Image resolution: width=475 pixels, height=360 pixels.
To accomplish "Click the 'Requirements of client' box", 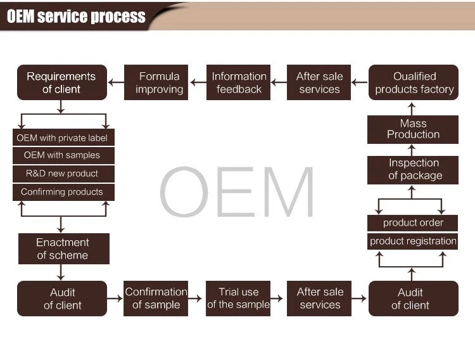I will pyautogui.click(x=61, y=82).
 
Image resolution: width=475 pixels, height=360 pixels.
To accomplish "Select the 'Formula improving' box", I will pyautogui.click(x=159, y=82).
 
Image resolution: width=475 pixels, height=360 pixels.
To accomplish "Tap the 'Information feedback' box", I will pyautogui.click(x=238, y=82).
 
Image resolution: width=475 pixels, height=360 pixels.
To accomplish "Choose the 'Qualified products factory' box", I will pyautogui.click(x=414, y=82).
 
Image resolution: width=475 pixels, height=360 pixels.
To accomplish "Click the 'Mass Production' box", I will pyautogui.click(x=413, y=129).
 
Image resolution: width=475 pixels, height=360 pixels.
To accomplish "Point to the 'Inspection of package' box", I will pyautogui.click(x=413, y=170).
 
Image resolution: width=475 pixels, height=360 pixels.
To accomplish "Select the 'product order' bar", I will pyautogui.click(x=413, y=222).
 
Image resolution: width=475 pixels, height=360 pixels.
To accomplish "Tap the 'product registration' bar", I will pyautogui.click(x=413, y=241).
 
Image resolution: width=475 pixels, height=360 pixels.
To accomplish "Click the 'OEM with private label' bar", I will pyautogui.click(x=63, y=138).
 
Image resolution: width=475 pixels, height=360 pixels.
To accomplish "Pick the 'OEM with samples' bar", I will pyautogui.click(x=63, y=155).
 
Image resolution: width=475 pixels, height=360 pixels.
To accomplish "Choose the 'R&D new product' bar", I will pyautogui.click(x=63, y=174).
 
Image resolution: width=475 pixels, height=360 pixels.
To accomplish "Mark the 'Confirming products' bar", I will pyautogui.click(x=63, y=192).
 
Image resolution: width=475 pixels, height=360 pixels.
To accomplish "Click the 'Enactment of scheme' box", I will pyautogui.click(x=63, y=248).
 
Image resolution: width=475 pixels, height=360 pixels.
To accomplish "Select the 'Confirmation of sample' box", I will pyautogui.click(x=156, y=299).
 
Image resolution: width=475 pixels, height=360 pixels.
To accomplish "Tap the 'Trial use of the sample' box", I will pyautogui.click(x=238, y=299).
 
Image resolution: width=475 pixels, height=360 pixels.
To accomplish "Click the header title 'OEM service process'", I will pyautogui.click(x=76, y=16).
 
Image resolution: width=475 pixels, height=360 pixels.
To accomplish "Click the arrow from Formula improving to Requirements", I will pyautogui.click(x=116, y=82).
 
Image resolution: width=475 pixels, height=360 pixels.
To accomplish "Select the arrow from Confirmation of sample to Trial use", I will pyautogui.click(x=197, y=298).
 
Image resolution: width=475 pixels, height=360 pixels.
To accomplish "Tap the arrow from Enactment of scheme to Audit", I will pyautogui.click(x=61, y=273).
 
